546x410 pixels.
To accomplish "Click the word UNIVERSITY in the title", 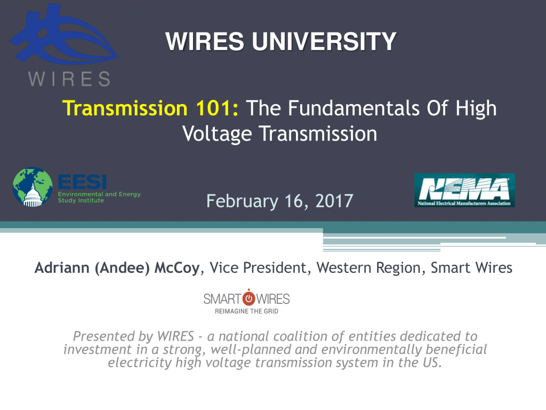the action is click(x=324, y=42).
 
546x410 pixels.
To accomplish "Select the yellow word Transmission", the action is click(x=125, y=108).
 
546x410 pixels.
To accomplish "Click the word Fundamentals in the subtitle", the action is click(x=354, y=108).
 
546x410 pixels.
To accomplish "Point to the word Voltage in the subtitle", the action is click(x=217, y=135).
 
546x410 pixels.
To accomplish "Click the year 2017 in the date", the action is click(x=334, y=201).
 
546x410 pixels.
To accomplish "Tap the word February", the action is click(x=242, y=201).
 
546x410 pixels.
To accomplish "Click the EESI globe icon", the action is click(x=33, y=187).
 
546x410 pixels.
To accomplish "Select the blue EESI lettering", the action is click(x=82, y=182).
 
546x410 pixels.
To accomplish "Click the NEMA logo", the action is click(x=464, y=191).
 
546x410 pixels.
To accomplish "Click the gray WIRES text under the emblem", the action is click(x=69, y=79).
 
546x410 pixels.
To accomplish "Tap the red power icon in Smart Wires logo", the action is click(x=248, y=298).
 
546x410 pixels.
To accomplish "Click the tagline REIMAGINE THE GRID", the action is click(x=246, y=311).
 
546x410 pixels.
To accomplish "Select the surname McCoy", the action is click(x=177, y=268).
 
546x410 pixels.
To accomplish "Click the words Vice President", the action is click(x=258, y=268).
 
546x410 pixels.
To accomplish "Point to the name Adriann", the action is click(x=62, y=268).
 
